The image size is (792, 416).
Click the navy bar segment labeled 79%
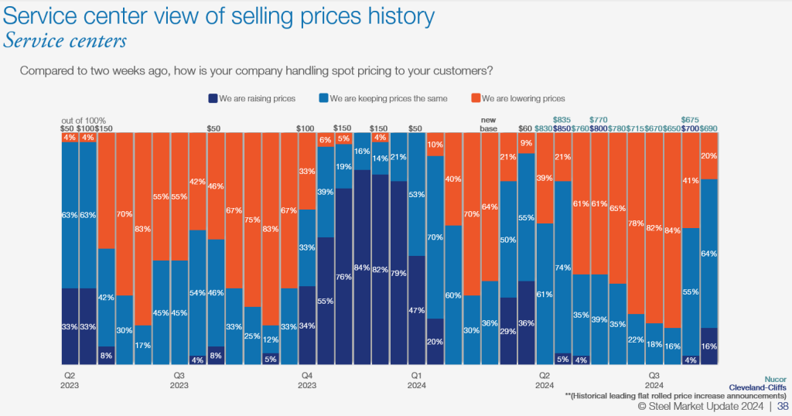[x=398, y=272]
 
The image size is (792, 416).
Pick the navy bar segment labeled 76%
[x=343, y=276]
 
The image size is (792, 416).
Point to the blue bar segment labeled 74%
[x=563, y=267]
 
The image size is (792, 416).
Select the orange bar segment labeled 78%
[x=636, y=223]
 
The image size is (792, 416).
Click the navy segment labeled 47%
[x=416, y=310]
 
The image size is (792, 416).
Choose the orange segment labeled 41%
[x=691, y=180]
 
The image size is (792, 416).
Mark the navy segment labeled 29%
[x=508, y=331]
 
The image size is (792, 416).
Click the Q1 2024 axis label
[x=416, y=380]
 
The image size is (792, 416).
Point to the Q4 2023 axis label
[x=306, y=380]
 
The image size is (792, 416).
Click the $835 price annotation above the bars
[x=562, y=120]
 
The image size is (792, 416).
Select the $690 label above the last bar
[x=709, y=128]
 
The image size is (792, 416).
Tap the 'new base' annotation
[x=489, y=124]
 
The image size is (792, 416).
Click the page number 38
[x=783, y=406]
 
